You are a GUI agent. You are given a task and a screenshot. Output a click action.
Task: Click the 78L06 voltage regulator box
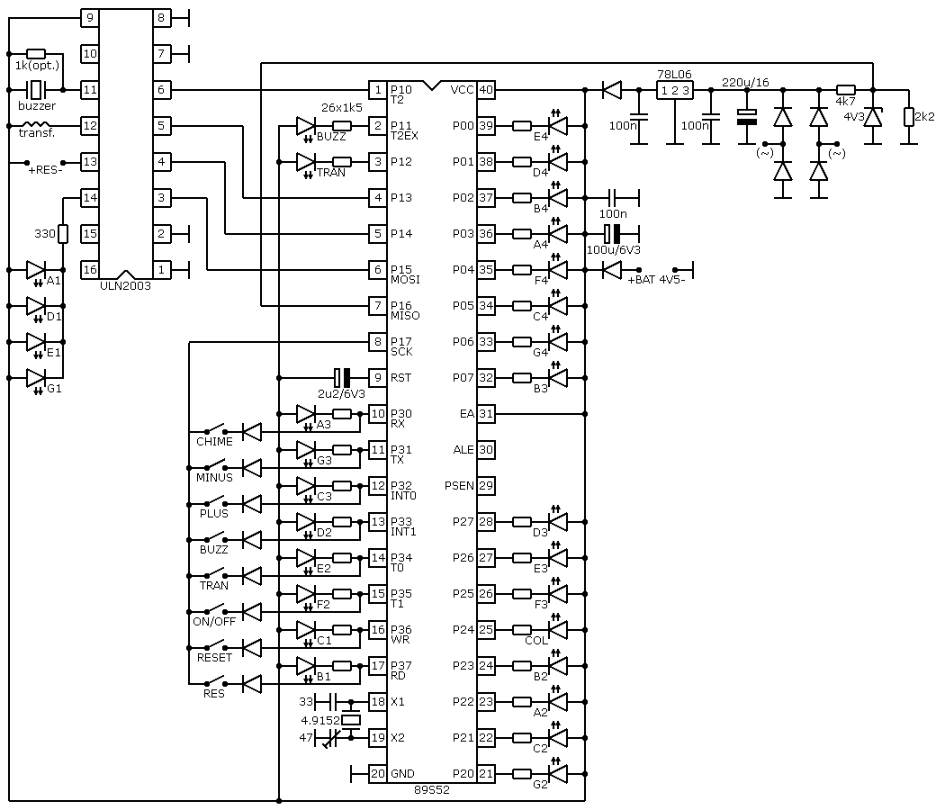click(x=674, y=90)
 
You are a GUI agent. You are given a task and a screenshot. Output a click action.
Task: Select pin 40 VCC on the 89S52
click(x=486, y=90)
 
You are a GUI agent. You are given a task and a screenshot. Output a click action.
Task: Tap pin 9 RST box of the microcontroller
click(x=378, y=378)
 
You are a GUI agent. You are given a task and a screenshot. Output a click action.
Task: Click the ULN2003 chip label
click(x=125, y=286)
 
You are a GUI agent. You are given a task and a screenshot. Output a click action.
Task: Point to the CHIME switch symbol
click(x=215, y=430)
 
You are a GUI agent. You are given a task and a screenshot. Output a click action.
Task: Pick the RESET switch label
click(x=214, y=657)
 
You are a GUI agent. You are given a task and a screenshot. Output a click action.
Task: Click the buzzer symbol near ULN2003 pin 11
click(x=37, y=90)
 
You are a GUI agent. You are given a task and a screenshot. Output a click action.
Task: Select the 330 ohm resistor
click(x=63, y=233)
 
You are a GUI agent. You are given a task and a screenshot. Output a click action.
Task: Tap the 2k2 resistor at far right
click(x=908, y=117)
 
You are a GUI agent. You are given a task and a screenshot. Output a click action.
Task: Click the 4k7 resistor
click(x=845, y=90)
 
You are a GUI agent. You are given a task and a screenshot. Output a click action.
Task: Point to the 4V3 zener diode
click(x=873, y=117)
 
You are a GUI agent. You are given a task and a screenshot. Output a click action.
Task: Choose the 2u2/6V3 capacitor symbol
click(x=342, y=378)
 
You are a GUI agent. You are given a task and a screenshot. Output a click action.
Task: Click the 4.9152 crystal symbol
click(x=351, y=720)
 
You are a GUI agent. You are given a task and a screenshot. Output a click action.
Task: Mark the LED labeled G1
click(x=36, y=378)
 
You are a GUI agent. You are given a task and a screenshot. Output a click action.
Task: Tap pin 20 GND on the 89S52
click(x=378, y=774)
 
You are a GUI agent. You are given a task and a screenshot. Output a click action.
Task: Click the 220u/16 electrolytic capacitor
click(x=747, y=117)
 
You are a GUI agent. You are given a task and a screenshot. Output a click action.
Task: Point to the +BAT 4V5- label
click(x=656, y=279)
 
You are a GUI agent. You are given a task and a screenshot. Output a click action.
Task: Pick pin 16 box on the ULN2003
click(x=90, y=270)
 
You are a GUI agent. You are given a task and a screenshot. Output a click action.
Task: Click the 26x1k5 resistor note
click(x=342, y=108)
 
